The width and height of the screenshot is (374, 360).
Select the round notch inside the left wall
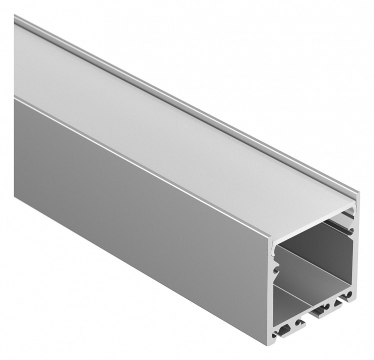pos(274,273)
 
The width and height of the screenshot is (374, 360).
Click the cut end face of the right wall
pos(356,250)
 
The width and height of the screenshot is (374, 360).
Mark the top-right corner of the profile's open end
pos(358,192)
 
